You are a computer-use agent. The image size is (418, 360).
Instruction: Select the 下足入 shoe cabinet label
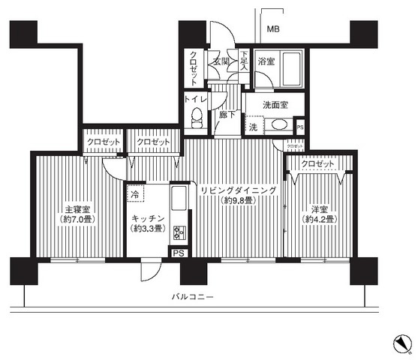click(x=245, y=60)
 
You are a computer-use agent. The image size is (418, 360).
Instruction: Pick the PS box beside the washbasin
click(x=300, y=127)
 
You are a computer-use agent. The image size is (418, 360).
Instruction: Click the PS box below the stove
click(x=178, y=253)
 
